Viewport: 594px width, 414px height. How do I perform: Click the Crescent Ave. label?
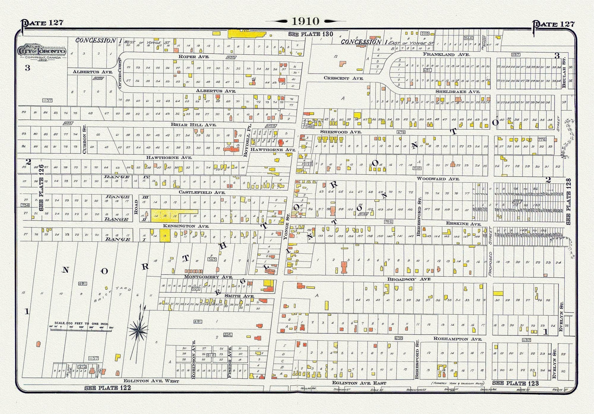[343, 78]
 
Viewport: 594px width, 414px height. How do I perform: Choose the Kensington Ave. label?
[192, 227]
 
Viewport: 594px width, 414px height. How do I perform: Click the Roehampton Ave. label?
[451, 339]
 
